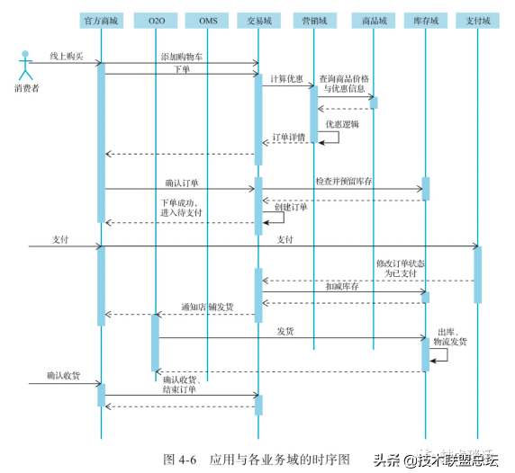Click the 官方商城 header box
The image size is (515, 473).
click(x=101, y=21)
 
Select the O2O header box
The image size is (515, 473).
click(x=156, y=21)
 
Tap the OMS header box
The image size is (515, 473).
click(x=207, y=21)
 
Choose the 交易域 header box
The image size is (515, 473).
click(x=258, y=21)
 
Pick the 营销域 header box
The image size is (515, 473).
click(x=314, y=21)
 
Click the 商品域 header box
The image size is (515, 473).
click(x=374, y=21)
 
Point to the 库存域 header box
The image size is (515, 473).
click(x=426, y=21)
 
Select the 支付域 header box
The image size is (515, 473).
click(x=477, y=21)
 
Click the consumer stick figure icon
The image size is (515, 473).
click(x=25, y=66)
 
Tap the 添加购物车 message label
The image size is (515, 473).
click(x=182, y=57)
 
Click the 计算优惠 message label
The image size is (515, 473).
click(x=286, y=79)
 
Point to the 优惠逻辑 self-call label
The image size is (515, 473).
click(x=342, y=124)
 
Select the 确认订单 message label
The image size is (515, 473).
click(x=182, y=183)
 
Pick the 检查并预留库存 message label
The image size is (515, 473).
click(x=344, y=181)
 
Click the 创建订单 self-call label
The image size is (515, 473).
click(x=291, y=207)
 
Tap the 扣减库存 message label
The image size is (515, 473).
click(x=342, y=286)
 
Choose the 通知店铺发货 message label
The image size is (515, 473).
click(x=208, y=307)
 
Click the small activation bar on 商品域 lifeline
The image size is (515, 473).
click(x=374, y=103)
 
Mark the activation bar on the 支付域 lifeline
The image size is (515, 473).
click(x=477, y=274)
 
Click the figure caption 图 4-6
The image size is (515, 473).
click(x=180, y=460)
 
